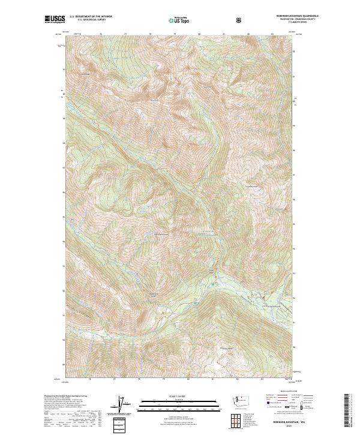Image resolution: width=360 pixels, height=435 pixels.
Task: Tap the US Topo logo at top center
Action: point(178,20)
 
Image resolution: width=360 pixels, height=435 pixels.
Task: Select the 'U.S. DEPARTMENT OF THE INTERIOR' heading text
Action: point(91,17)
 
